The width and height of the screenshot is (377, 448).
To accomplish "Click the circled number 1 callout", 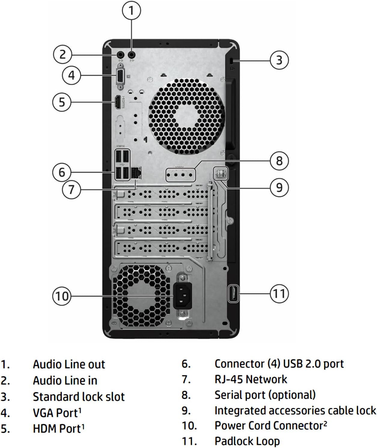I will click(x=131, y=11).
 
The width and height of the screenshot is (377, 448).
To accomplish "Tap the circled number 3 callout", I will click(x=279, y=60).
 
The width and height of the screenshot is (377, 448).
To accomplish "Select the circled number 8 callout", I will click(x=279, y=161).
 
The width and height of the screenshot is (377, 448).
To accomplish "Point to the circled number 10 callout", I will click(x=62, y=296).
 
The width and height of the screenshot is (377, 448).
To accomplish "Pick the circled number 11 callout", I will click(x=279, y=293).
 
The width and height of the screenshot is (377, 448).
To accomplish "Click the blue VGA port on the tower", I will click(x=120, y=76).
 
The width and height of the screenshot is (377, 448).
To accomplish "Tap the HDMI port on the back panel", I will click(x=118, y=102).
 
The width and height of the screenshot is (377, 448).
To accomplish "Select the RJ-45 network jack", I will click(x=136, y=173).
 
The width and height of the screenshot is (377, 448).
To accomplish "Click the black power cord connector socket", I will click(x=182, y=295).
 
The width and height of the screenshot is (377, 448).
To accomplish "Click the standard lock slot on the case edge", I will click(x=230, y=61).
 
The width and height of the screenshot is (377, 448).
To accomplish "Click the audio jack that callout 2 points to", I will click(x=120, y=55).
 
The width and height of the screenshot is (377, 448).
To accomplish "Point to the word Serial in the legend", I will click(x=227, y=395).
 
